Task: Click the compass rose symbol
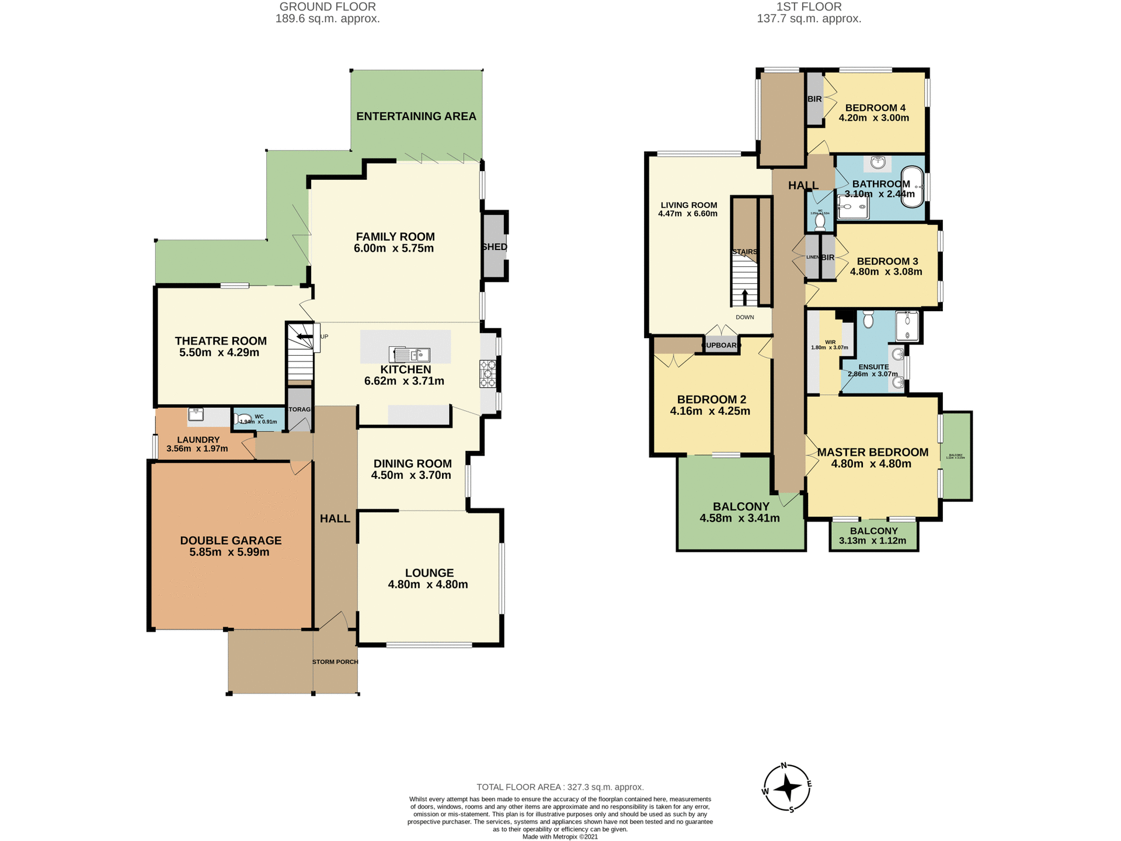click(787, 788)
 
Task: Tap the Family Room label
click(395, 237)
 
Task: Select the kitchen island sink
click(410, 355)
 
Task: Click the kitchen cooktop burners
click(488, 374)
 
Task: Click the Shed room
click(494, 246)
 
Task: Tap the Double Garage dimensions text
click(229, 552)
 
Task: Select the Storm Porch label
click(335, 662)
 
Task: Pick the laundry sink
click(196, 414)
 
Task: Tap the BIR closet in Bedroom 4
click(814, 99)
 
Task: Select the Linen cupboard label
click(812, 257)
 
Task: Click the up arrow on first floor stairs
click(744, 296)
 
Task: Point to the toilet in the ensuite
click(868, 319)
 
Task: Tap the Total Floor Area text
click(560, 787)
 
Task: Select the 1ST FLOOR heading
click(809, 7)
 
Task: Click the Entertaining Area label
click(416, 116)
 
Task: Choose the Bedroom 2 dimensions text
click(710, 411)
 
